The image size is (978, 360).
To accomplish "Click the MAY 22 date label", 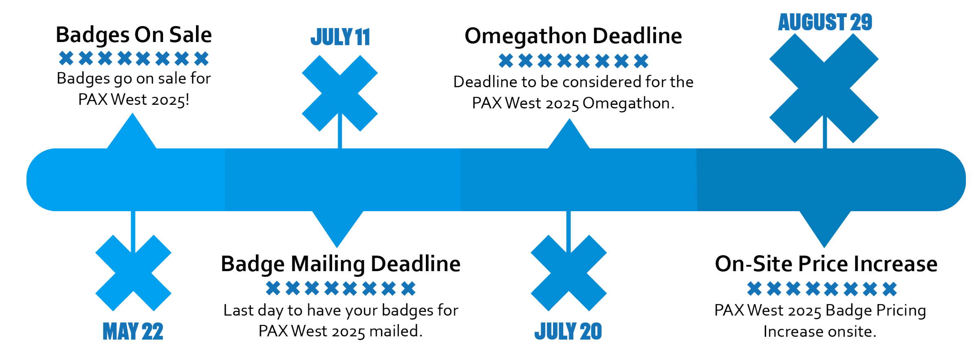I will point(133,331).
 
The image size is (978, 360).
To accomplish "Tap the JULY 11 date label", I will point(340,37).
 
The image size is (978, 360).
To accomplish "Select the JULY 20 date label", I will point(568,331).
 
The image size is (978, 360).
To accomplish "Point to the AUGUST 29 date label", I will point(825,22).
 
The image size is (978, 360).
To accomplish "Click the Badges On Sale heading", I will point(134,35).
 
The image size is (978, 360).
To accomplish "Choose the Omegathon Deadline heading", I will point(573,36).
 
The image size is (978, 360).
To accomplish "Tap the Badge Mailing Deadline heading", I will point(341,264).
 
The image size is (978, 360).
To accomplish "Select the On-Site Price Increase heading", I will point(826,264).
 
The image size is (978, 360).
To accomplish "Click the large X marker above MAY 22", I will point(133,273).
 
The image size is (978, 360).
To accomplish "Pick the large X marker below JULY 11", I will point(340,93).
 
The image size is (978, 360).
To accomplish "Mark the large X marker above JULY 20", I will point(568,273).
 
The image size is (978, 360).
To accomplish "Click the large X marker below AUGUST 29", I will point(824,88).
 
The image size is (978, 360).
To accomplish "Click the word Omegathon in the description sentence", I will point(626,103).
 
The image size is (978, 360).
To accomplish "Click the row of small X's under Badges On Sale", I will point(134,58).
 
